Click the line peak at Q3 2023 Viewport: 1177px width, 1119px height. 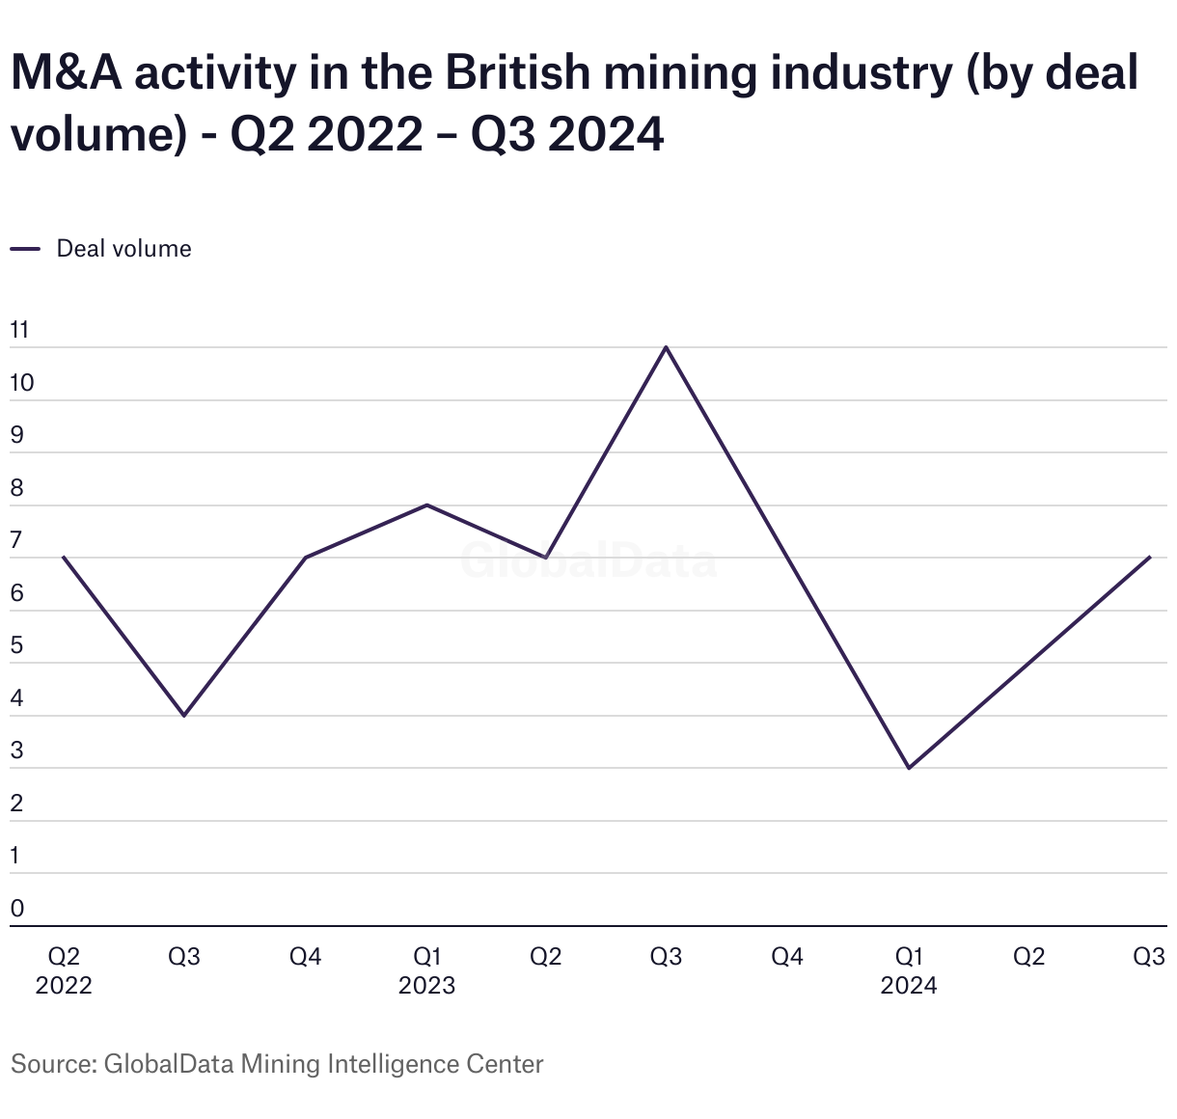coord(667,347)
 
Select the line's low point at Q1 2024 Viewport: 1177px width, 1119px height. coord(909,768)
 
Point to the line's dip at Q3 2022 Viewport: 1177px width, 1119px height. coord(184,716)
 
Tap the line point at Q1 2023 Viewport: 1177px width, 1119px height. coord(426,505)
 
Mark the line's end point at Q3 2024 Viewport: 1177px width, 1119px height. coord(1150,558)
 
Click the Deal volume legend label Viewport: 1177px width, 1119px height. coord(123,249)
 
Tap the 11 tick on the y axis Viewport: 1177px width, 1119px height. coord(19,331)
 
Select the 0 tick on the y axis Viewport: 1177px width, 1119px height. coord(17,908)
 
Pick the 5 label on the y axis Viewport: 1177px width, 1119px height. coord(17,645)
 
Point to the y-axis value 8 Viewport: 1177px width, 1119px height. coord(17,488)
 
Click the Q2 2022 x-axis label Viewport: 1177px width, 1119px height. coord(64,970)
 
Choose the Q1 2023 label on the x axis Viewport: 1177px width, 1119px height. coord(426,970)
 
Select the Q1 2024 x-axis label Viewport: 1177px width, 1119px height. coord(909,970)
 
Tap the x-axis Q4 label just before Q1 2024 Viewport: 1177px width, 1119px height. coord(787,957)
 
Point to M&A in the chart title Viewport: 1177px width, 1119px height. coord(67,74)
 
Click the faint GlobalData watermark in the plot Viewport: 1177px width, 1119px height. coord(588,560)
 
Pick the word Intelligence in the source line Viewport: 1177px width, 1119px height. coord(393,1064)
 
